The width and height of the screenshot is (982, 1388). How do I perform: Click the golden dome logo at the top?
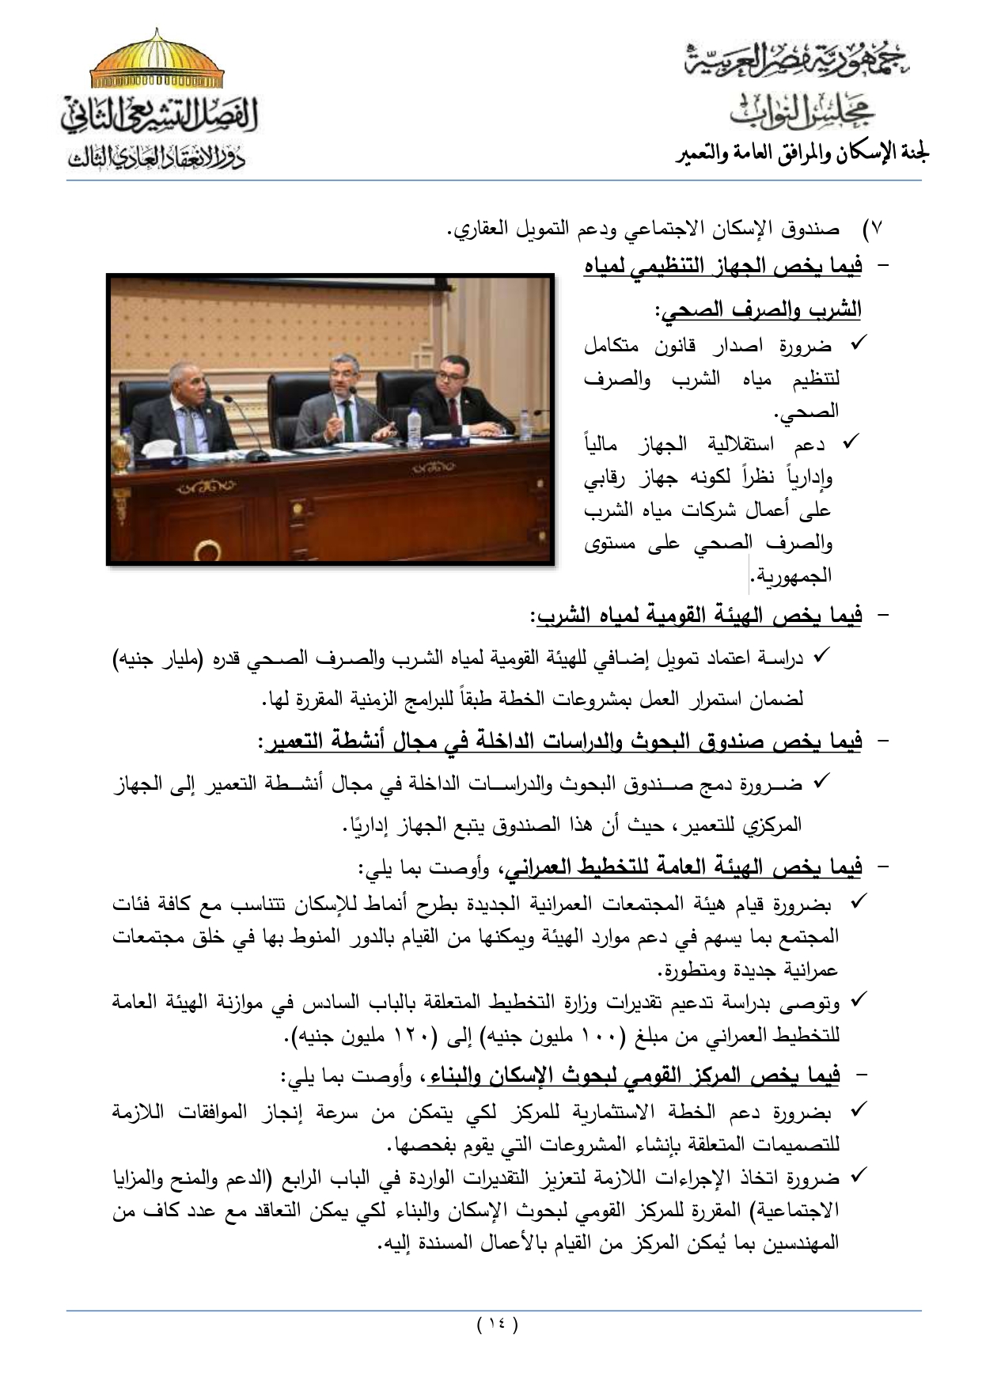click(156, 63)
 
